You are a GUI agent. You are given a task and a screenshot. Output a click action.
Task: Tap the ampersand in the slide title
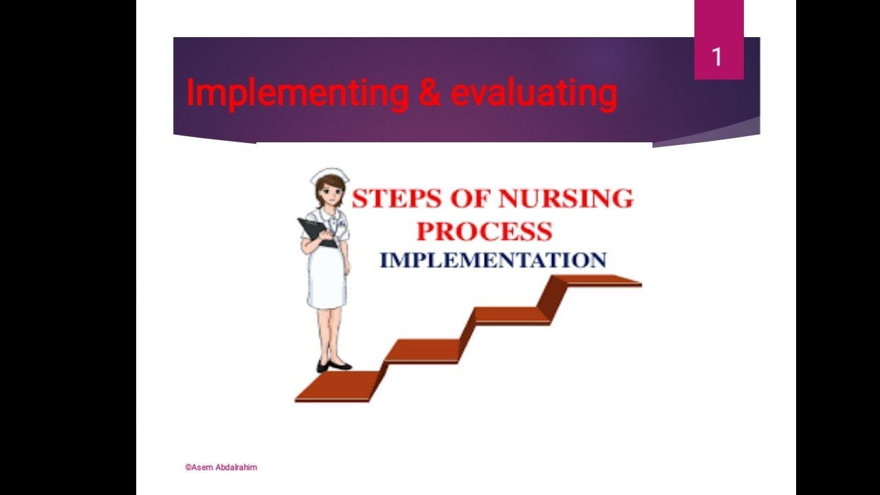tap(430, 93)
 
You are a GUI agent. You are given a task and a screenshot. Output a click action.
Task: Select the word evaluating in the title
tap(533, 93)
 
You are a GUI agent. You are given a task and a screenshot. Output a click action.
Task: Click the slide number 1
tap(717, 57)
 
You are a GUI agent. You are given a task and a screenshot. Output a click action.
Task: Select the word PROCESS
tap(484, 231)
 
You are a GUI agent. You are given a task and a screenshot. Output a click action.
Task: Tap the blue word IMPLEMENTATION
tap(492, 261)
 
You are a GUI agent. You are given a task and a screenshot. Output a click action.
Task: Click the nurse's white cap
tap(330, 175)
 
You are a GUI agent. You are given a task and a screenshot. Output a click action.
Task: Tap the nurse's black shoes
tap(333, 365)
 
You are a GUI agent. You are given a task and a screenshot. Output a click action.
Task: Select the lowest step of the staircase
tap(337, 385)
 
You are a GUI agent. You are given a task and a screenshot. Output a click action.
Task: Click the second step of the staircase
tap(422, 350)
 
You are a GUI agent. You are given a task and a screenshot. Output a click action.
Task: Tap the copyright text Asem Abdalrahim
tap(221, 467)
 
